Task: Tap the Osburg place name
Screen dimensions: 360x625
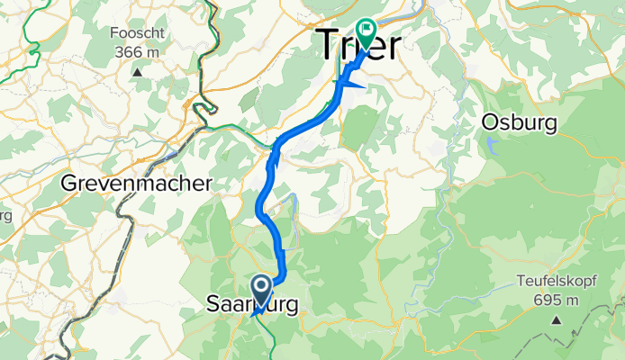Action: pyautogui.click(x=520, y=122)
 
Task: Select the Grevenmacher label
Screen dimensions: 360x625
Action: pyautogui.click(x=136, y=184)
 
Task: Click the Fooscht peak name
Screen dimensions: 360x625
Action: pyautogui.click(x=136, y=33)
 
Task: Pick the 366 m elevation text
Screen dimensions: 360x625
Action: pyautogui.click(x=136, y=51)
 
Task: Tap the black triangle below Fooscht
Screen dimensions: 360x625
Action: pyautogui.click(x=137, y=71)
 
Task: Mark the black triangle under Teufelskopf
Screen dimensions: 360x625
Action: pyautogui.click(x=557, y=319)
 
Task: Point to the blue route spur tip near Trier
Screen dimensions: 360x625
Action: pyautogui.click(x=365, y=85)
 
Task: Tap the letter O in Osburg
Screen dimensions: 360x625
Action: pyautogui.click(x=491, y=122)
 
